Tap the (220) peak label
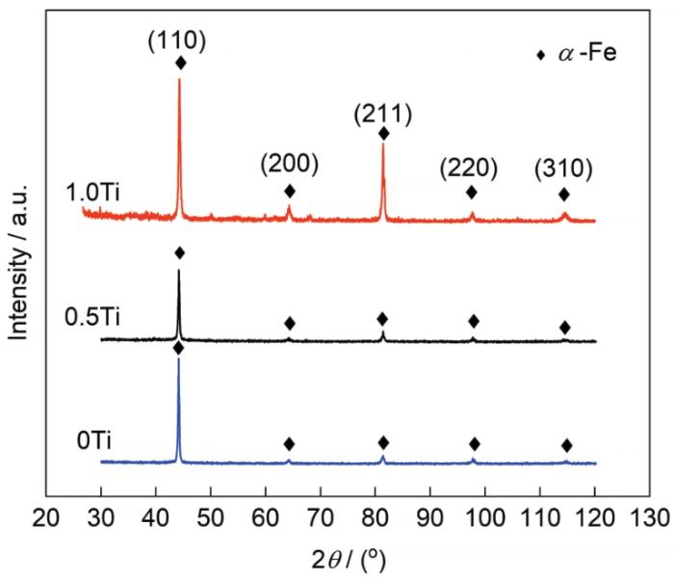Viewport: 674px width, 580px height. click(x=469, y=168)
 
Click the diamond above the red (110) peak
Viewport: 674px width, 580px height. click(x=180, y=63)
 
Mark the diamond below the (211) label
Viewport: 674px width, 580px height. click(x=383, y=133)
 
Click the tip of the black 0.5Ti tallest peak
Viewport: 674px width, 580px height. click(x=178, y=270)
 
